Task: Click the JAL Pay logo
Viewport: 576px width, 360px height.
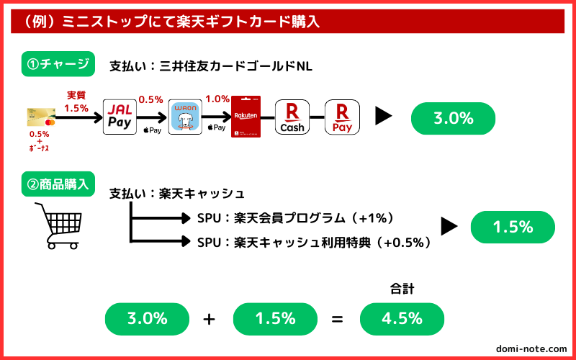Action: [120, 117]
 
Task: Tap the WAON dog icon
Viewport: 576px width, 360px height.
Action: [185, 117]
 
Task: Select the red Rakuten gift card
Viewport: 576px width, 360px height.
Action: [246, 117]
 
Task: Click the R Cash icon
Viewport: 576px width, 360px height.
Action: [292, 117]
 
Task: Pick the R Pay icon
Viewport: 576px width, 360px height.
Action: [343, 117]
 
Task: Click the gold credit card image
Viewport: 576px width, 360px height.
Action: [41, 117]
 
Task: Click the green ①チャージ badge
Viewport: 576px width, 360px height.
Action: [58, 64]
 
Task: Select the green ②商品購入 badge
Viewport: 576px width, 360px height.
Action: [58, 184]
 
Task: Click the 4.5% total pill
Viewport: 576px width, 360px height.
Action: [402, 319]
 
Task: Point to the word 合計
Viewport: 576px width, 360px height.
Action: [402, 289]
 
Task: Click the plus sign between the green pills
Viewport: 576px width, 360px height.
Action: [209, 319]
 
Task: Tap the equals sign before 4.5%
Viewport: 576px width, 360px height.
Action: [337, 319]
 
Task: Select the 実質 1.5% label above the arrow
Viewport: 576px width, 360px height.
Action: [76, 102]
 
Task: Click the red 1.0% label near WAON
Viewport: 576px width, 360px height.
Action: [217, 99]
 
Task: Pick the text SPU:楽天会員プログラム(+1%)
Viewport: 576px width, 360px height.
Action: [296, 219]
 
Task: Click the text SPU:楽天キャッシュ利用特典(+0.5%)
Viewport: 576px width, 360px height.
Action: [314, 243]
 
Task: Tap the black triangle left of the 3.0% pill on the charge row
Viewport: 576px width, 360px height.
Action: [384, 117]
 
